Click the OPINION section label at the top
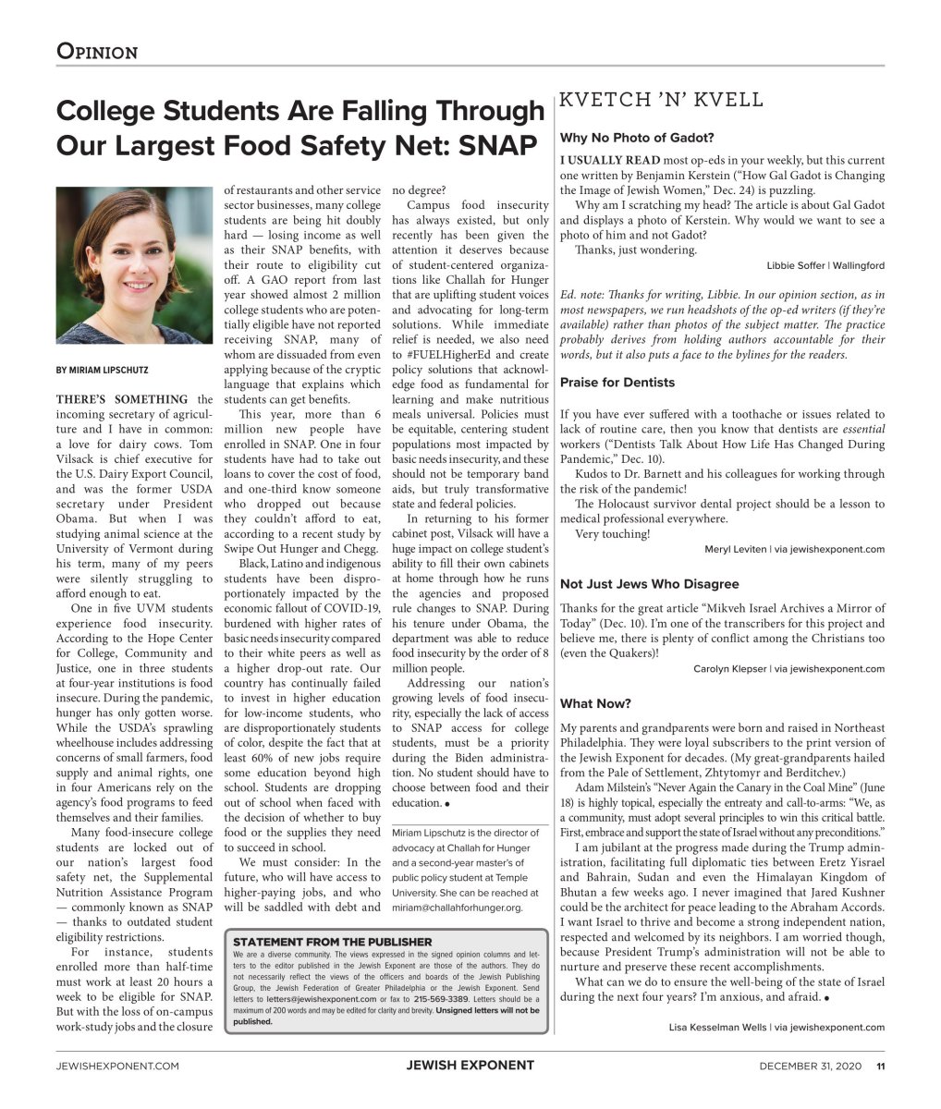click(x=97, y=51)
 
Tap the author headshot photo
click(x=134, y=265)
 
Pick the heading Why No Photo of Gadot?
click(x=637, y=139)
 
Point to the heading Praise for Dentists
click(x=617, y=383)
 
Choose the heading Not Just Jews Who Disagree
click(x=650, y=584)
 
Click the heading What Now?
click(x=595, y=704)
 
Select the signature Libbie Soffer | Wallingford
click(x=825, y=266)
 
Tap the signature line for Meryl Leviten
click(x=794, y=549)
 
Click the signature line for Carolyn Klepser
click(x=788, y=669)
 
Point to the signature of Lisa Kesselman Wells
click(x=776, y=1027)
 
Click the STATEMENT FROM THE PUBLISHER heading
click(x=333, y=942)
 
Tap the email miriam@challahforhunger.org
click(x=458, y=908)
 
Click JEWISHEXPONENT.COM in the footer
click(x=117, y=1066)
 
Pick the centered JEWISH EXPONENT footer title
click(x=470, y=1066)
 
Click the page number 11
click(x=881, y=1066)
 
